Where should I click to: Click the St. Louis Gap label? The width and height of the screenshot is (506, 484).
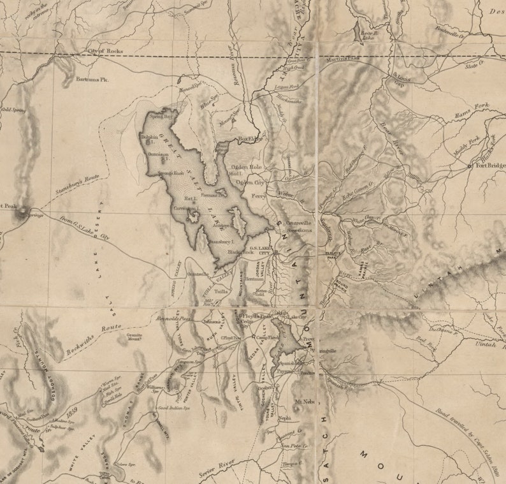396,78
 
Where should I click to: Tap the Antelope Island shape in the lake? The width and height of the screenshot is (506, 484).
237,223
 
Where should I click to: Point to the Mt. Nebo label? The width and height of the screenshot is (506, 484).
305,402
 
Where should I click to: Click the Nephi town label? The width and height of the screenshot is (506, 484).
284,417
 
